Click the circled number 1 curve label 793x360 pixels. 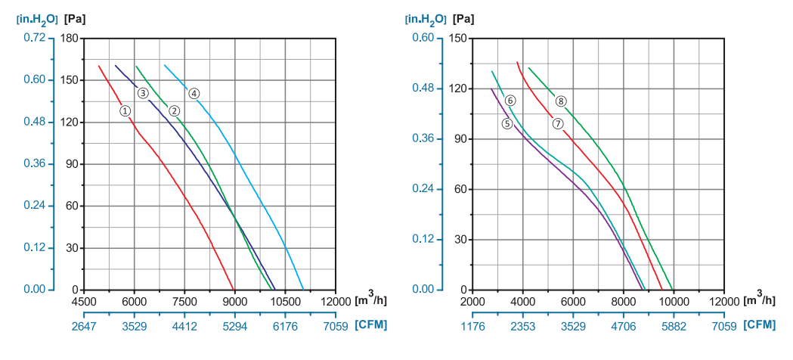125,110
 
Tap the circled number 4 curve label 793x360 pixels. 194,94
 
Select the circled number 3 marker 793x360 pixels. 143,93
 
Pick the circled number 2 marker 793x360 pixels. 174,110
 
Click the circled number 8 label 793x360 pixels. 561,101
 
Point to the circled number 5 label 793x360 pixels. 506,123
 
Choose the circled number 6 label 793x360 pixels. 510,101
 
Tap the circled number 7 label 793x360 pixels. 558,123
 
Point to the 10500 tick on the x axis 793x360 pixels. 285,301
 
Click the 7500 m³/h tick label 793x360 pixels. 184,301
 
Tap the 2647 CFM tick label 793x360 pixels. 84,326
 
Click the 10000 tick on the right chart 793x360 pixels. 673,301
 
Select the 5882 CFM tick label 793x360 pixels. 674,326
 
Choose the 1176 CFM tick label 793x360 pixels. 472,326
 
